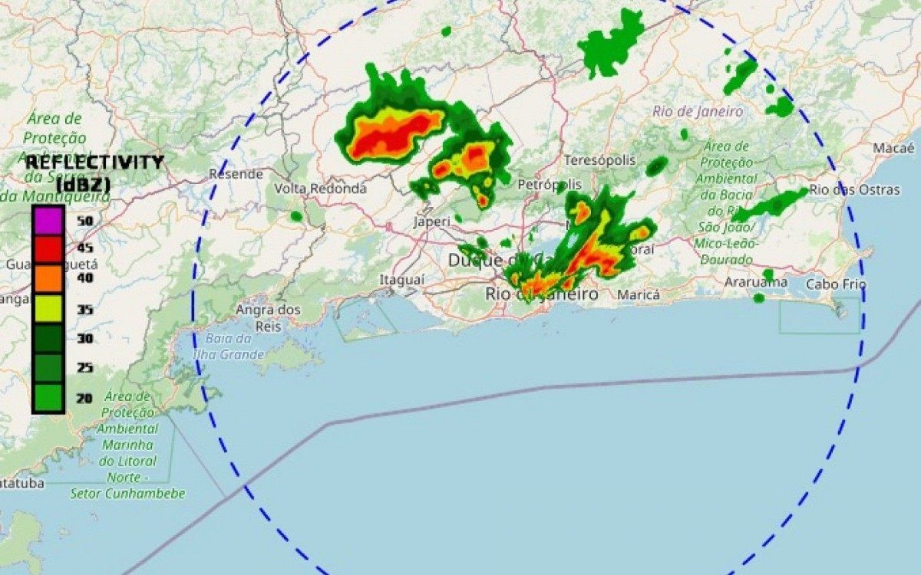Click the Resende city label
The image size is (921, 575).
coord(236,174)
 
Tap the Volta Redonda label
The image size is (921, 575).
coord(320,188)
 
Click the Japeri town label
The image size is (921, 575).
coord(431,222)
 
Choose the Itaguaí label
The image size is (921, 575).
coord(401,281)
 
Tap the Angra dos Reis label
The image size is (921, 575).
coord(268,317)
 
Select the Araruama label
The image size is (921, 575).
coord(756,282)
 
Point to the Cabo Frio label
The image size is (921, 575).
coord(836,284)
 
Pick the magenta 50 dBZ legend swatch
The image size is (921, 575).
coord(48,220)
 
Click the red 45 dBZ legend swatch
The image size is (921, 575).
coord(48,248)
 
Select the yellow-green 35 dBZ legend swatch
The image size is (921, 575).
coord(48,308)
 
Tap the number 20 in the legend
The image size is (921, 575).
coord(84,397)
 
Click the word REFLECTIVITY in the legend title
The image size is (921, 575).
coord(94,162)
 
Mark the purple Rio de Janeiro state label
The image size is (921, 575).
coord(698,112)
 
